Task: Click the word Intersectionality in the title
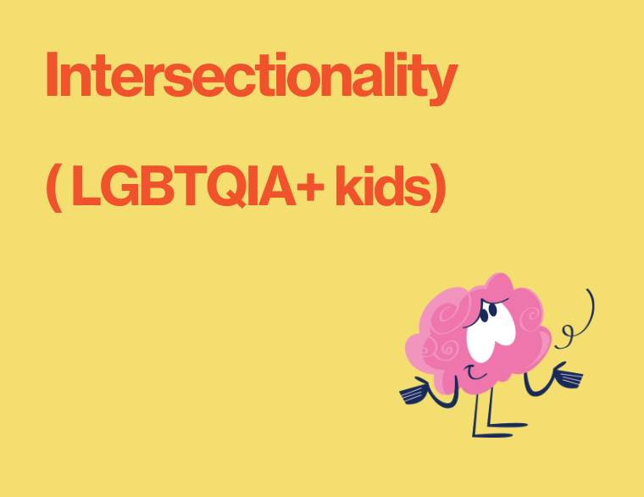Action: [251, 76]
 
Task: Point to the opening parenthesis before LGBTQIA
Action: [53, 188]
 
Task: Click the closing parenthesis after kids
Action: [436, 188]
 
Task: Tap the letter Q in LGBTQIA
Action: [224, 188]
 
